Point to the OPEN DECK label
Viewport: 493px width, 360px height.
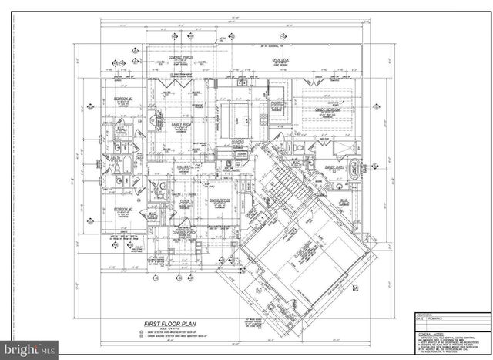point(279,59)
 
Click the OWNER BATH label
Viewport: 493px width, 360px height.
point(333,167)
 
